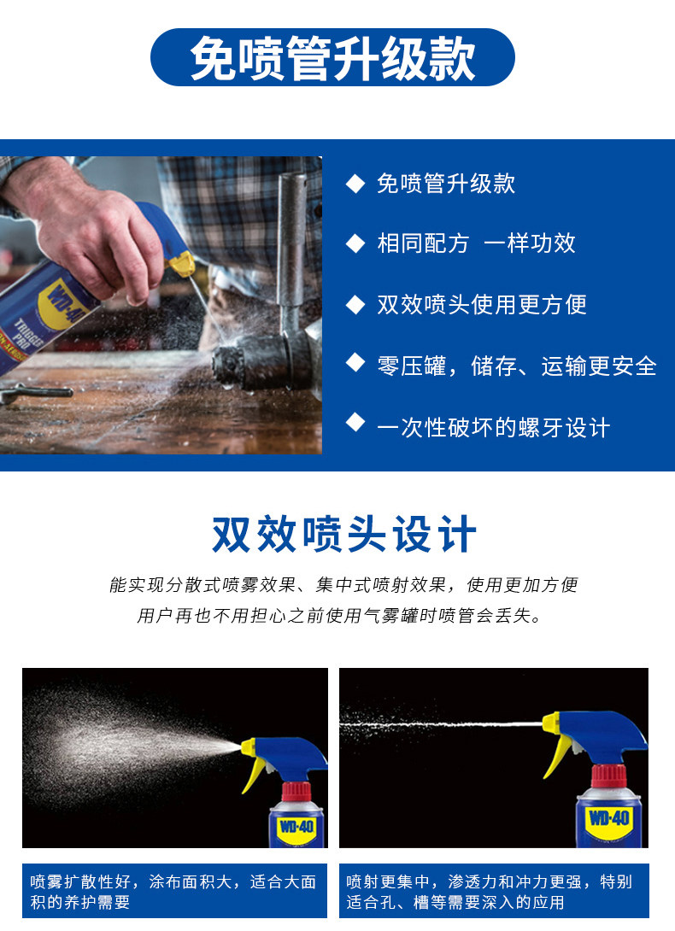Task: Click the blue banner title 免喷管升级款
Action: coord(332,57)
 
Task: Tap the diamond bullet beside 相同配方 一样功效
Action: coord(355,243)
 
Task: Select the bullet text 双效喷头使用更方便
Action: coord(482,305)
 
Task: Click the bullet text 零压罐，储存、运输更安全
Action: coord(517,366)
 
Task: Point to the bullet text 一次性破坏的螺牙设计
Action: coord(494,428)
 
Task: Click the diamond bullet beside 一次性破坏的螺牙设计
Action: coord(355,422)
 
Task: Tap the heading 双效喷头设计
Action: coord(344,534)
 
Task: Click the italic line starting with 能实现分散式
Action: coord(343,585)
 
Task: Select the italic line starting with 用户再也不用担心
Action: coord(339,616)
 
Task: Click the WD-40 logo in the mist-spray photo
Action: coord(296,826)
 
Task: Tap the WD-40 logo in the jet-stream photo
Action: coord(608,818)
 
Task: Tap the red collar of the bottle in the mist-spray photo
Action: coord(296,792)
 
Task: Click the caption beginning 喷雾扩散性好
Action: coord(173,892)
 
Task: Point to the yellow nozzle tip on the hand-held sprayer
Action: coord(182,263)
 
